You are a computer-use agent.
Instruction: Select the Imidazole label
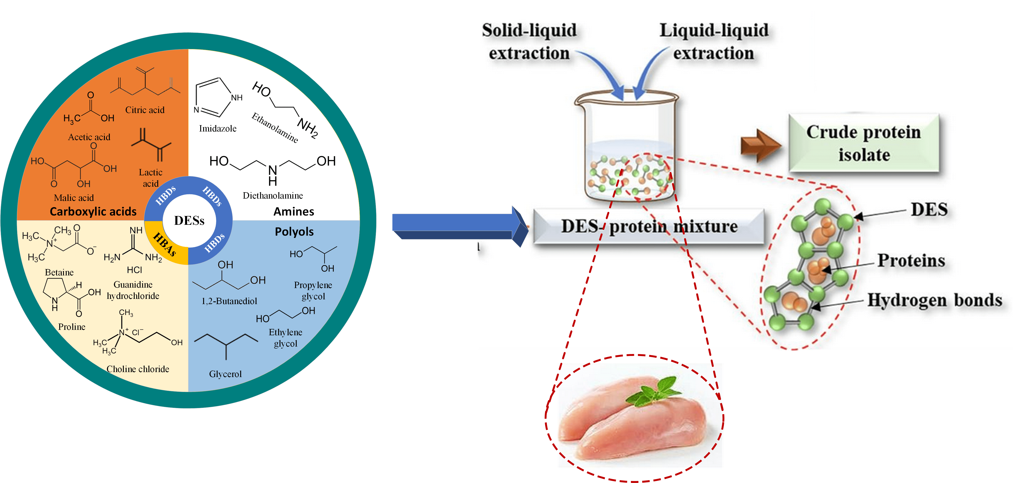(x=217, y=129)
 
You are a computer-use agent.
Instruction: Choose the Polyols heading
(x=294, y=232)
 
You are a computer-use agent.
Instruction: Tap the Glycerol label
(x=225, y=374)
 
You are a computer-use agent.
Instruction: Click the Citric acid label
(x=145, y=110)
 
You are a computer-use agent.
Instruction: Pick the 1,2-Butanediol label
(x=229, y=301)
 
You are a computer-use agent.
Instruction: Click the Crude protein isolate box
(x=864, y=143)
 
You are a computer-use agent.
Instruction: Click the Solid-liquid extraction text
(x=529, y=41)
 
